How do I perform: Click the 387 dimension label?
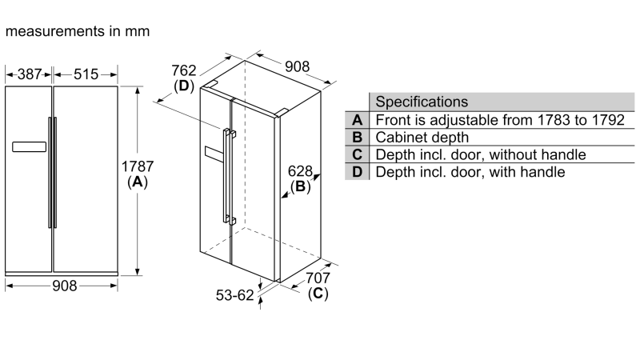pyautogui.click(x=29, y=74)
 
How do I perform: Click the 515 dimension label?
pyautogui.click(x=86, y=74)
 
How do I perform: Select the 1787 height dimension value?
pyautogui.click(x=138, y=166)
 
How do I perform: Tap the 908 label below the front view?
pyautogui.click(x=62, y=286)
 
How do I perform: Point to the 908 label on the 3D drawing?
pyautogui.click(x=296, y=67)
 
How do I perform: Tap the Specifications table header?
pyautogui.click(x=422, y=102)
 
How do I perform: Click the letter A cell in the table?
pyautogui.click(x=357, y=120)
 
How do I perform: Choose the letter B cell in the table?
pyautogui.click(x=357, y=138)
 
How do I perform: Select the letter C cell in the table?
pyautogui.click(x=357, y=154)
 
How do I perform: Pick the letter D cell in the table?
pyautogui.click(x=357, y=172)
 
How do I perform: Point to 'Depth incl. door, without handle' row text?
pyautogui.click(x=481, y=154)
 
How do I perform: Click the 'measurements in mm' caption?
pyautogui.click(x=77, y=32)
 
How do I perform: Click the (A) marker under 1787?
pyautogui.click(x=138, y=182)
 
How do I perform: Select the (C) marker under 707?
pyautogui.click(x=318, y=294)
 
